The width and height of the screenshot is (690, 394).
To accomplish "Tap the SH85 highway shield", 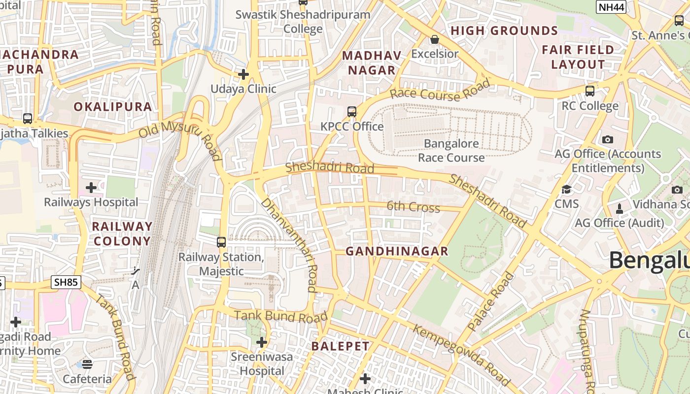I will coord(66,282).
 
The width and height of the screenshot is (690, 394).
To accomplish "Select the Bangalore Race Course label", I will coord(451,151).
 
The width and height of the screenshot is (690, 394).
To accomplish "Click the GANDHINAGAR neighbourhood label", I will coord(397,251).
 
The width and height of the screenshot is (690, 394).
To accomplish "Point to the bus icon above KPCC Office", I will coord(352,112).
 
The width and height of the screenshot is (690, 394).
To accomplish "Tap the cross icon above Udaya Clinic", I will coord(243,74).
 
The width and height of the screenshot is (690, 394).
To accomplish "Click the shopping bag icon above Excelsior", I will coord(435,39).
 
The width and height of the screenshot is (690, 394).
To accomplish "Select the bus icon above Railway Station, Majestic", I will coord(221,242).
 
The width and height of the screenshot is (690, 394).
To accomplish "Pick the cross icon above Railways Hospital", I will coord(91,188).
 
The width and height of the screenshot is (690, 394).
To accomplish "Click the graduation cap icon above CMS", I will coord(567,190).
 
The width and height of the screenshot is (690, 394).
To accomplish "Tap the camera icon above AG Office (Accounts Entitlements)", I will coord(608,139).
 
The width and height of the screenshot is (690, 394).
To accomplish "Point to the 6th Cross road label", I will coord(413,207).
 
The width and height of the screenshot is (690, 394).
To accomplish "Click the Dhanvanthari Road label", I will coord(290,245).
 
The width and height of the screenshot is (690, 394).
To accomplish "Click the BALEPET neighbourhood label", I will coord(340,346).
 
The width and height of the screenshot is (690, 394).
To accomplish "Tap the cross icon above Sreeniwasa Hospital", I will coord(262,342).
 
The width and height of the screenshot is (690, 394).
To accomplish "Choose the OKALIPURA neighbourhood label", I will coord(113,107).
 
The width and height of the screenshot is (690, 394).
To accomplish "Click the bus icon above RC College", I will coord(590,91).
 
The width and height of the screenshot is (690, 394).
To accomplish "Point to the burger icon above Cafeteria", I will coord(87,364).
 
